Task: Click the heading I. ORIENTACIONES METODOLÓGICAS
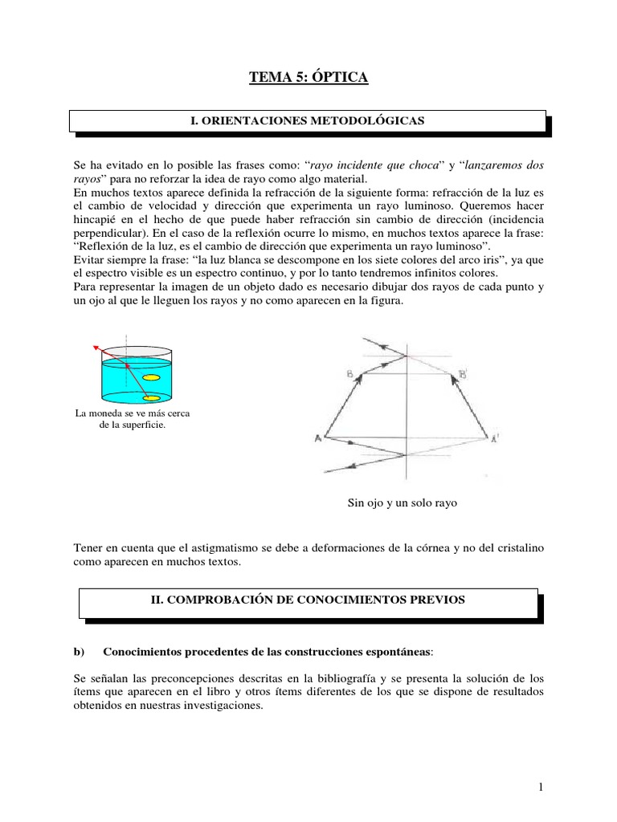pos(308,120)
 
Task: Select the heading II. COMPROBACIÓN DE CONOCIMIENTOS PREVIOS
pos(308,600)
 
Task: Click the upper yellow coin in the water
pos(150,377)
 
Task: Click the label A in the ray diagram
pos(318,438)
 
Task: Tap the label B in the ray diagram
pos(349,373)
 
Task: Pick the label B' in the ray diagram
pos(464,373)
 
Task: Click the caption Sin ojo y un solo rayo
pos(402,503)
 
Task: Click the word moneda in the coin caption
pos(109,413)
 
